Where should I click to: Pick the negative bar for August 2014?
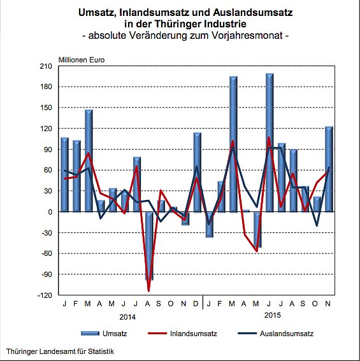[149, 246]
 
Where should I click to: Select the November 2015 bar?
[329, 169]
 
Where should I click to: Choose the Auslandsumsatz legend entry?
[287, 333]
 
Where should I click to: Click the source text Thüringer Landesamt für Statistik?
[61, 351]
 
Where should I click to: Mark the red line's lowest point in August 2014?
[149, 291]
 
